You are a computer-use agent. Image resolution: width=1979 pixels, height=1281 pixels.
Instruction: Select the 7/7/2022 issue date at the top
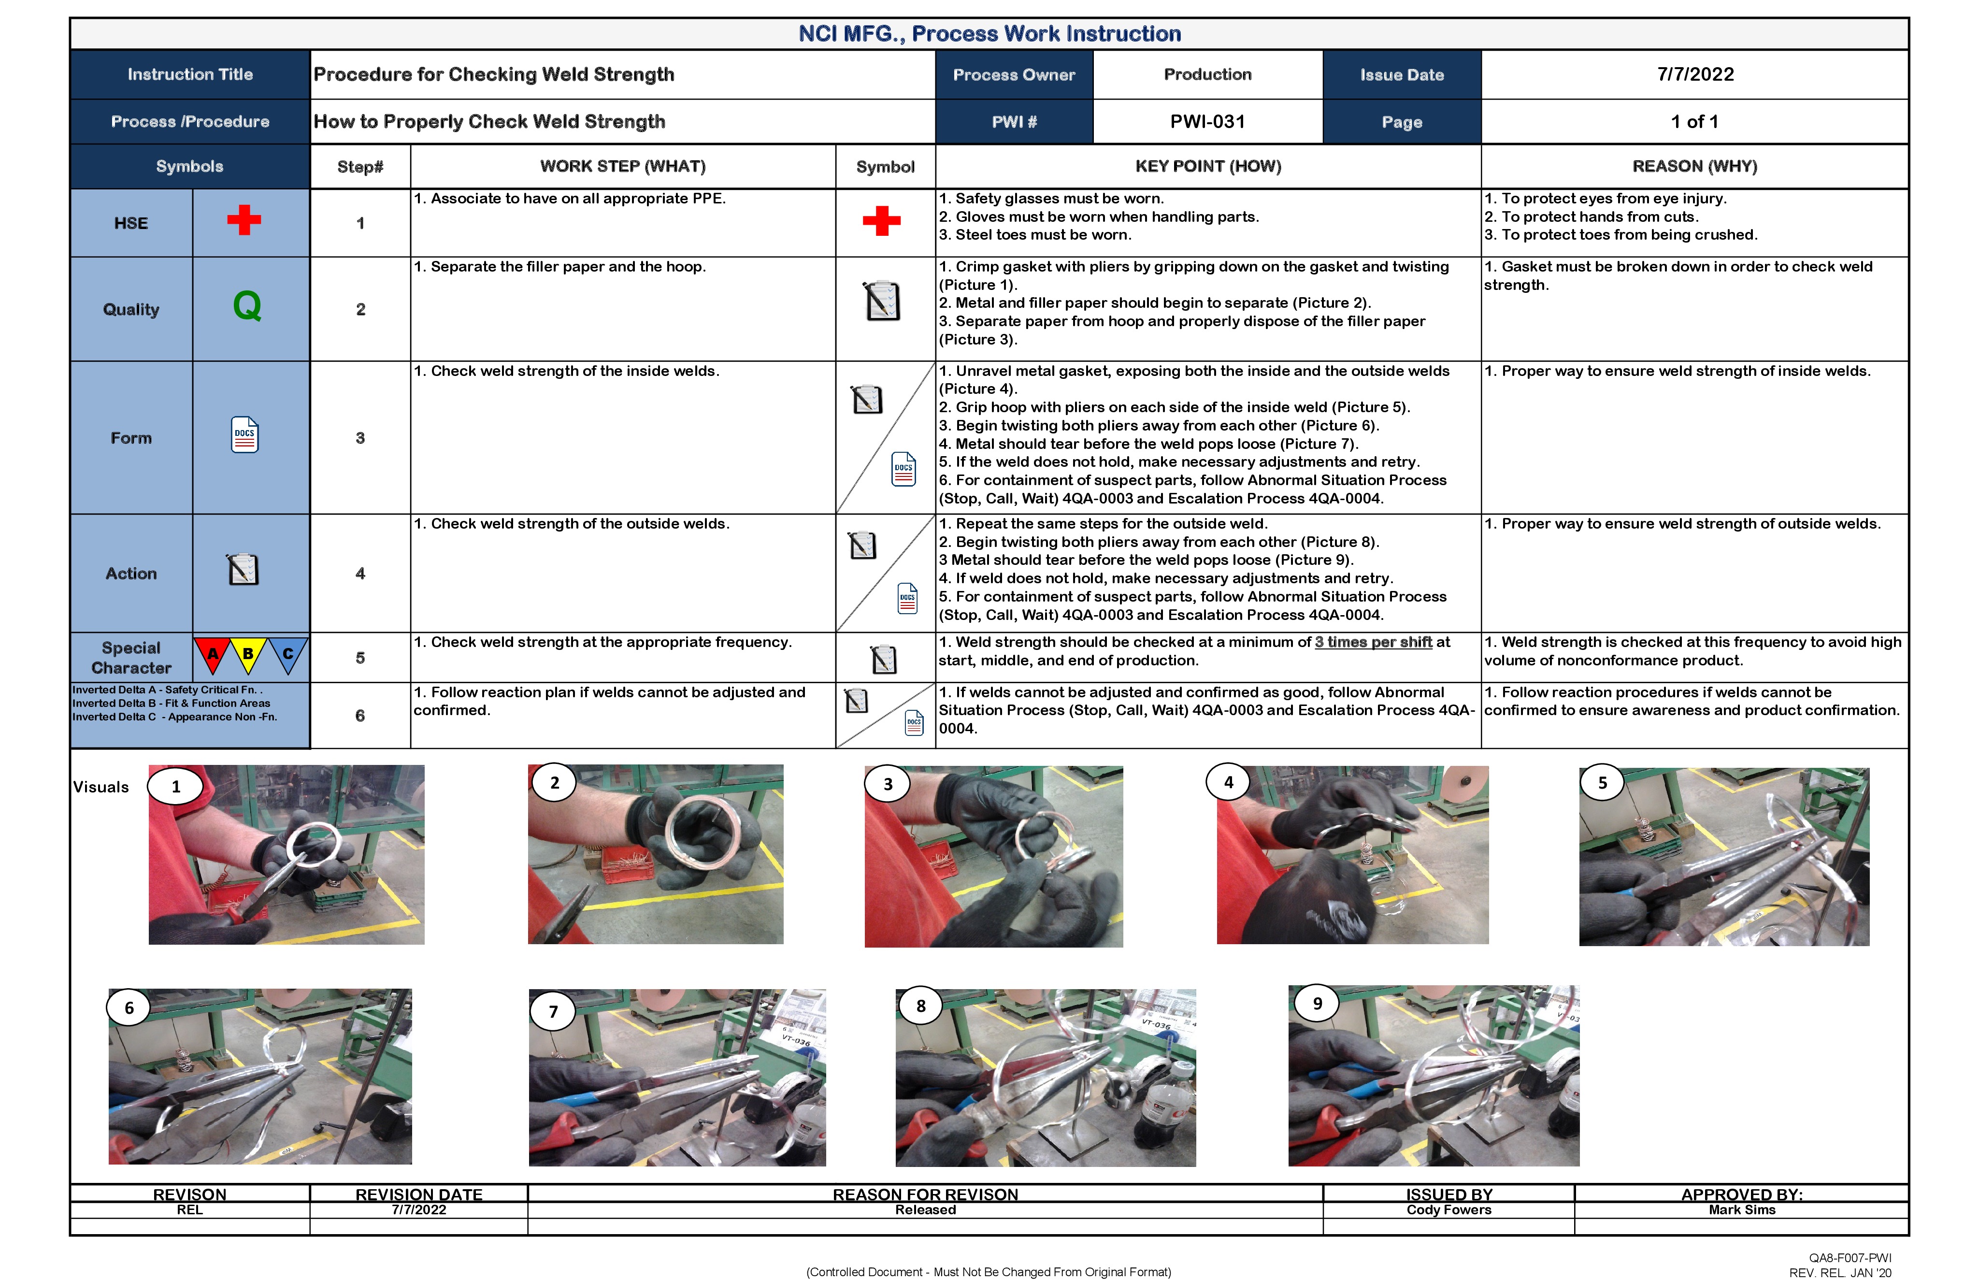click(x=1694, y=74)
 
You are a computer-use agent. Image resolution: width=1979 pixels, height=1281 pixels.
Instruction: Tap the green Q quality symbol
click(x=247, y=306)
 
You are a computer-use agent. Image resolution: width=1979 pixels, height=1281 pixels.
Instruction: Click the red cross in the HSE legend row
click(x=244, y=220)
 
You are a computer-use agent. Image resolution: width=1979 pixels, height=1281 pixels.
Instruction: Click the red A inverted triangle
click(x=213, y=654)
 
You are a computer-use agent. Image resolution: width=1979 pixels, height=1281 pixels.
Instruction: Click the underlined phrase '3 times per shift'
click(x=1373, y=642)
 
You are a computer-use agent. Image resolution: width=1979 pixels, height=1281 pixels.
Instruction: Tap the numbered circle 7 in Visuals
click(x=553, y=1011)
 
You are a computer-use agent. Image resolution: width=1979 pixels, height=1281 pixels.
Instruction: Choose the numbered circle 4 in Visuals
click(x=1228, y=782)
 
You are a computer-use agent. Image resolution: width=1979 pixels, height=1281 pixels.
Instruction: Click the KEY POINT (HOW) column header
click(x=1208, y=166)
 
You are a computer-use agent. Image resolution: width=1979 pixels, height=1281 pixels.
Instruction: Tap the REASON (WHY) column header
click(x=1694, y=166)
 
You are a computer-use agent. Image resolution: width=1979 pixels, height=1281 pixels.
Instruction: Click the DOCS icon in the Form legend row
click(x=244, y=435)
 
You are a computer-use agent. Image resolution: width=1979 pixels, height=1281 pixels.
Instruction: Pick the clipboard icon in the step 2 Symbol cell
click(x=882, y=301)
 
